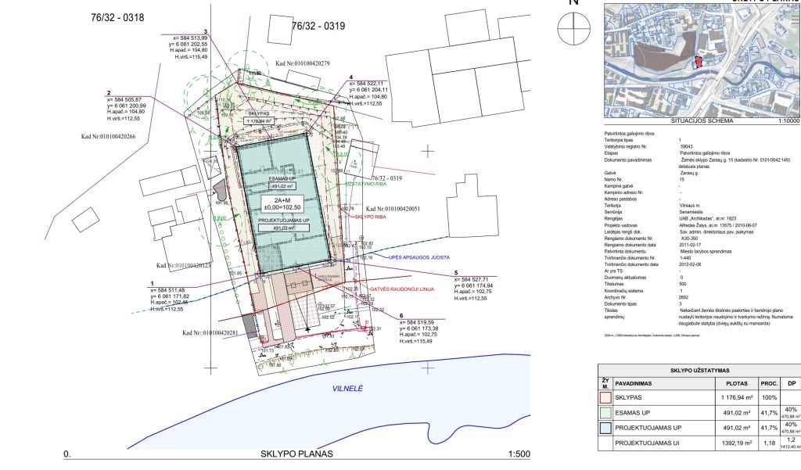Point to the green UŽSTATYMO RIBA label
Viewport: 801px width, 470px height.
click(368, 185)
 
